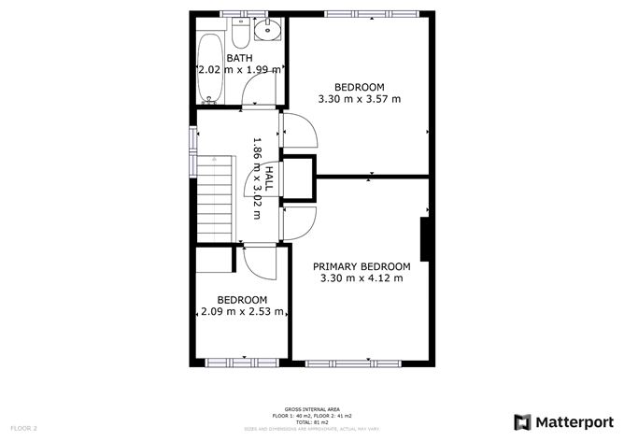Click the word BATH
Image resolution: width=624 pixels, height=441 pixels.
click(x=240, y=58)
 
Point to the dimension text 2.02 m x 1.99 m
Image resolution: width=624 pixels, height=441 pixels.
click(x=240, y=70)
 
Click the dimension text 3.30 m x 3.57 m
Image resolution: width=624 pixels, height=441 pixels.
click(x=359, y=99)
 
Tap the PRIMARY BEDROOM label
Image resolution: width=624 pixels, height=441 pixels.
click(x=362, y=266)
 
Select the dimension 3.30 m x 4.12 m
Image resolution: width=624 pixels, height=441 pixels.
click(x=362, y=277)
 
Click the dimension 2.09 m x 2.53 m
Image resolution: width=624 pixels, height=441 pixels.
click(x=242, y=311)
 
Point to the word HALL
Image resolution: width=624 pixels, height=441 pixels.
click(x=268, y=180)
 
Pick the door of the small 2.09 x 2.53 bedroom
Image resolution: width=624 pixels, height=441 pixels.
click(x=262, y=263)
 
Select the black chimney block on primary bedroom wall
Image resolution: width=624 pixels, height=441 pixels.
click(x=424, y=240)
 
